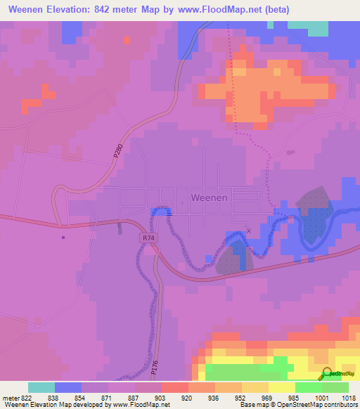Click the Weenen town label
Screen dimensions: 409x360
coord(210,197)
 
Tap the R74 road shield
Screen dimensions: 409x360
coord(148,238)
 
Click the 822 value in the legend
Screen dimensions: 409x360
coord(22,397)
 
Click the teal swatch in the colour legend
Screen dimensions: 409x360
coord(41,387)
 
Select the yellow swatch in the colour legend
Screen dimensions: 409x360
coord(282,387)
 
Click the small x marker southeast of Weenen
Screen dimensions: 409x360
coord(247,230)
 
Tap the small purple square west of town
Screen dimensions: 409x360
coord(63,237)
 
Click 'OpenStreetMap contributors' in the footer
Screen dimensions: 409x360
coord(316,405)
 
